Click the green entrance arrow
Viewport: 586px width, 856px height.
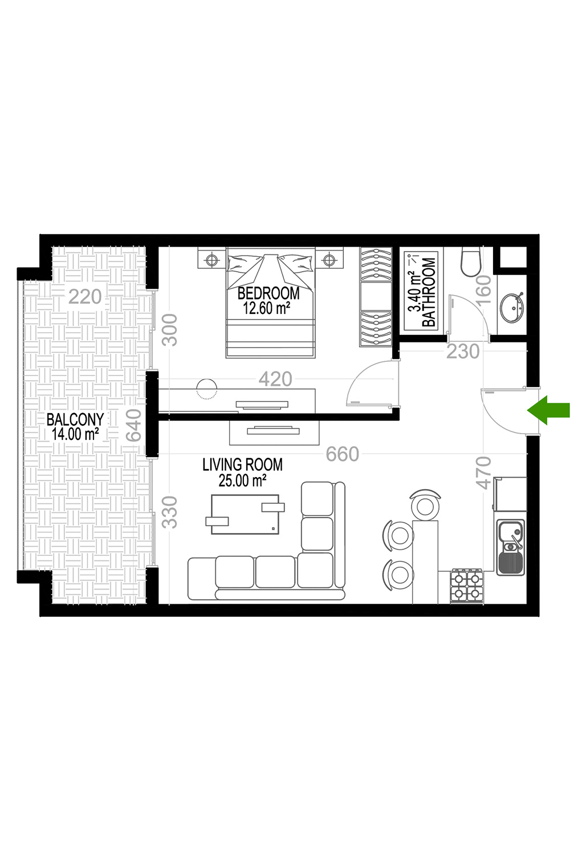tap(548, 410)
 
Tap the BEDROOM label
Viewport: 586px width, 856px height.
tap(268, 293)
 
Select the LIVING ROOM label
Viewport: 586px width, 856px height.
tap(242, 465)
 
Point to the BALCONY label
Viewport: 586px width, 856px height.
tap(75, 419)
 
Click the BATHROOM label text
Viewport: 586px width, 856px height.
tap(429, 292)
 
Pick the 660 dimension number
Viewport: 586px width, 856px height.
tap(343, 454)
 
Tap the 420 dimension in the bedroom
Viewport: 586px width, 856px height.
tap(275, 379)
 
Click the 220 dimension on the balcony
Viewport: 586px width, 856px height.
tap(85, 297)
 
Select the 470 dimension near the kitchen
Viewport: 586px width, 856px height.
tap(483, 473)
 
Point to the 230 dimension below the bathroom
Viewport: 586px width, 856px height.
tap(463, 352)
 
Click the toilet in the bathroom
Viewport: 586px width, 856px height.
tap(471, 262)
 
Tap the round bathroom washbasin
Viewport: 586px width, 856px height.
tap(512, 307)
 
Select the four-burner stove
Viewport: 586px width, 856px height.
tap(467, 586)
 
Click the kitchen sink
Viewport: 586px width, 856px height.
tap(510, 547)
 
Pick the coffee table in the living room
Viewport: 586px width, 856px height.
tap(245, 514)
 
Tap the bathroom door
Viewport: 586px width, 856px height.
tap(450, 317)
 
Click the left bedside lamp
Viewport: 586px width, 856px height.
tap(211, 260)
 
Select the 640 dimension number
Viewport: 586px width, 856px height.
tap(134, 425)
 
